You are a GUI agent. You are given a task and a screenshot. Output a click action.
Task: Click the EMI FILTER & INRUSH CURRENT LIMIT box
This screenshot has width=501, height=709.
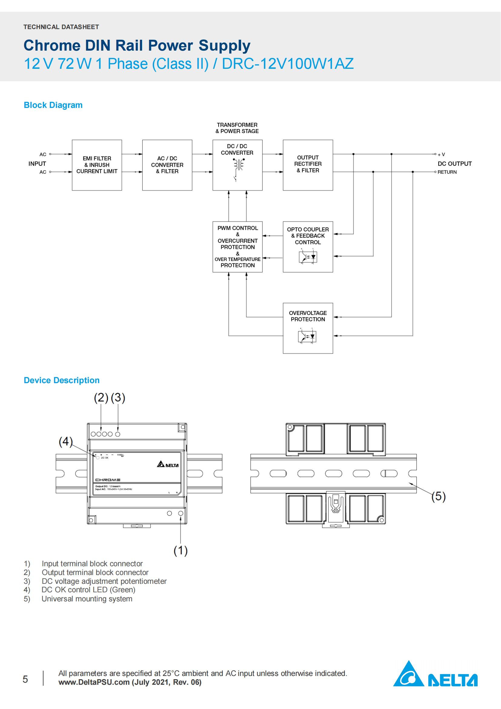coord(97,165)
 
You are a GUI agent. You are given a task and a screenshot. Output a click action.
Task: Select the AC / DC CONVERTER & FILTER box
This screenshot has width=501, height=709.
coord(167,165)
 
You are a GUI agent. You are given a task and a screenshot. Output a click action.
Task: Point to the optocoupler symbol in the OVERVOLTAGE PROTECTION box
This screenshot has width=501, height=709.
coord(307,336)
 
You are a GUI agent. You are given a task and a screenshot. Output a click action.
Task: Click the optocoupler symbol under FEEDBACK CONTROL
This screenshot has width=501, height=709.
coord(307,257)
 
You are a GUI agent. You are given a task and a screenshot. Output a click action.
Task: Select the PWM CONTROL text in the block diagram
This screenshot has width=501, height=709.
coord(237,228)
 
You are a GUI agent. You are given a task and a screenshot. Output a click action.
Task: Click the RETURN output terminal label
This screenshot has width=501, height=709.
coord(447,172)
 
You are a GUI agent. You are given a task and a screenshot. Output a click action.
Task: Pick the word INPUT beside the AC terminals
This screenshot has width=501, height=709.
coord(37,164)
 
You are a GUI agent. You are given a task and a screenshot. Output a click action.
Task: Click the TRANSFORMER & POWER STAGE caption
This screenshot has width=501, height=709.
coord(237,128)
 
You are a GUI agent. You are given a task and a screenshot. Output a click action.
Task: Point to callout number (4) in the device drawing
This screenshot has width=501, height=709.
coord(65,442)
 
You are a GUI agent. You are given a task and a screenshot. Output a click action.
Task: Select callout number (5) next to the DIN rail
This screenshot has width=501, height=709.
coord(438,496)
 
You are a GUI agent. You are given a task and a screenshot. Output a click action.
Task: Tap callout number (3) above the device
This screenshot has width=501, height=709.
coord(118,398)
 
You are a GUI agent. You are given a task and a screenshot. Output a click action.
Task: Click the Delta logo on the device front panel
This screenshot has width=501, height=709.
coord(168,465)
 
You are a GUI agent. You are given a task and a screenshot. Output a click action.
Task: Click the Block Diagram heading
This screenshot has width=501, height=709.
coord(53,105)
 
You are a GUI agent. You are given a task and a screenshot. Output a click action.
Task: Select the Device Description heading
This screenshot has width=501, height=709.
coord(61,380)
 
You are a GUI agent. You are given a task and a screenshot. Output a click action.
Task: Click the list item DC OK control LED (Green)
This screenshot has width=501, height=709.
coord(88,590)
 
